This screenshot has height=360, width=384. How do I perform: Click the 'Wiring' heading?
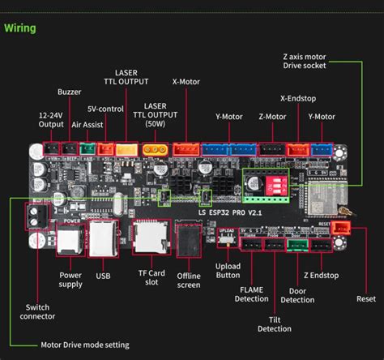coord(20,28)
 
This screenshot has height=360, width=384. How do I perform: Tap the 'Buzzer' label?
coord(69,92)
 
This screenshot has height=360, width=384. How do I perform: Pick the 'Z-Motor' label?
coord(272,117)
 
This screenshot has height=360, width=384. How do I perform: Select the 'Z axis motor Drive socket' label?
coord(316,61)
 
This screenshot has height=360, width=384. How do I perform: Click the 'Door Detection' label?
coord(297,295)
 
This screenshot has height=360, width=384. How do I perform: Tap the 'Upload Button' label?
coord(228,271)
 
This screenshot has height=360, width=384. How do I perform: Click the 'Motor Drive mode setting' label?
coord(84,345)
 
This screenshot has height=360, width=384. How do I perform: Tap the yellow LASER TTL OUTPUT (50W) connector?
coord(152,149)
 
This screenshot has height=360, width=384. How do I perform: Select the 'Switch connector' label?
coord(36,312)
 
